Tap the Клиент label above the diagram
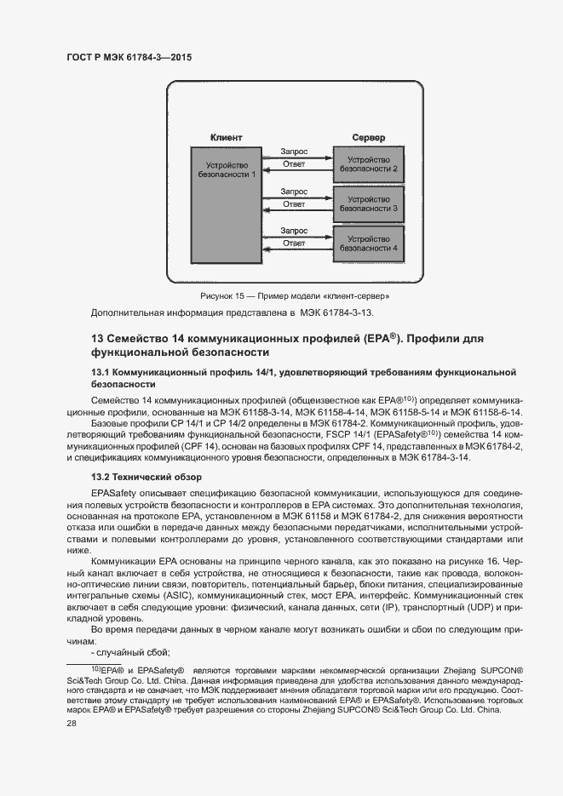pyautogui.click(x=226, y=138)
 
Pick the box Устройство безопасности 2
pyautogui.click(x=368, y=163)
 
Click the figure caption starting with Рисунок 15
pyautogui.click(x=295, y=296)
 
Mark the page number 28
pyautogui.click(x=72, y=723)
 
